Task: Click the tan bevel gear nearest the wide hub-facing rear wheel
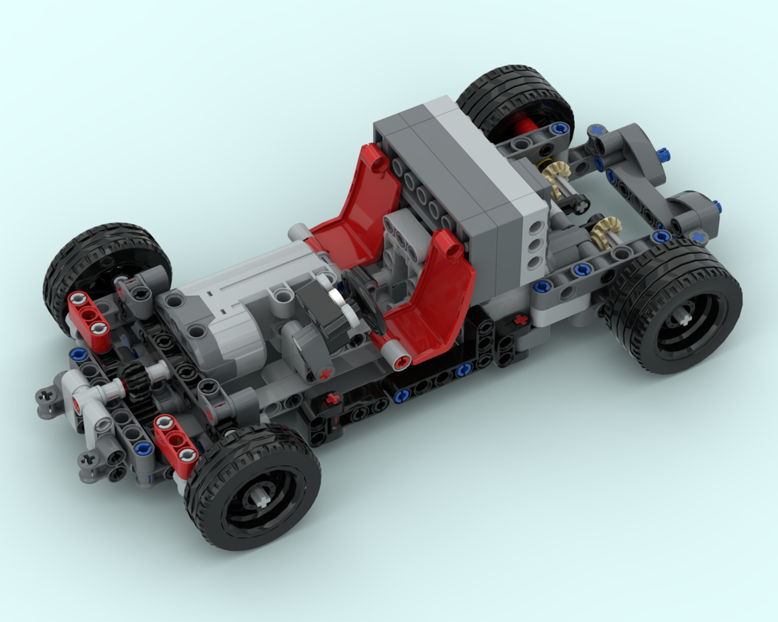pos(605,231)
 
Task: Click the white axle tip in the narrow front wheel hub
pos(260,498)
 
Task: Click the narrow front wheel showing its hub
pos(253,490)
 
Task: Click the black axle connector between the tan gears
pos(577,202)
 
